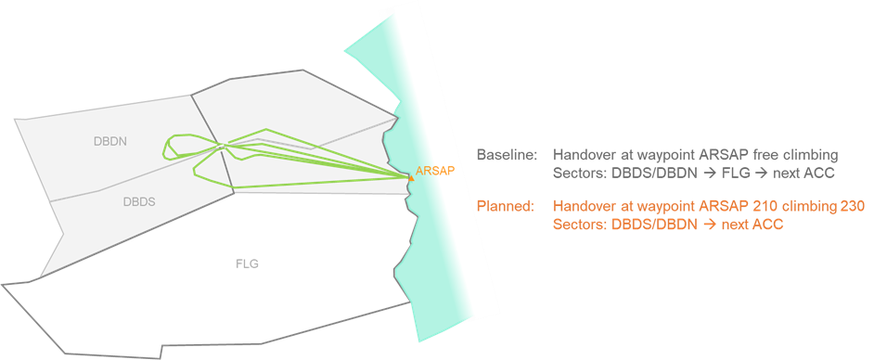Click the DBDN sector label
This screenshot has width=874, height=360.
click(x=109, y=142)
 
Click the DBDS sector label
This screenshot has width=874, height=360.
click(x=138, y=200)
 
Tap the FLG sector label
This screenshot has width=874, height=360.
click(x=247, y=264)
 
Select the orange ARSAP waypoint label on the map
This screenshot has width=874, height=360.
click(x=435, y=171)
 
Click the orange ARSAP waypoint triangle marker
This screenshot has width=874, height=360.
click(x=409, y=175)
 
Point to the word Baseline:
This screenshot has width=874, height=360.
click(x=507, y=154)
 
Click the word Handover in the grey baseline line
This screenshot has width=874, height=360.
click(x=584, y=154)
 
